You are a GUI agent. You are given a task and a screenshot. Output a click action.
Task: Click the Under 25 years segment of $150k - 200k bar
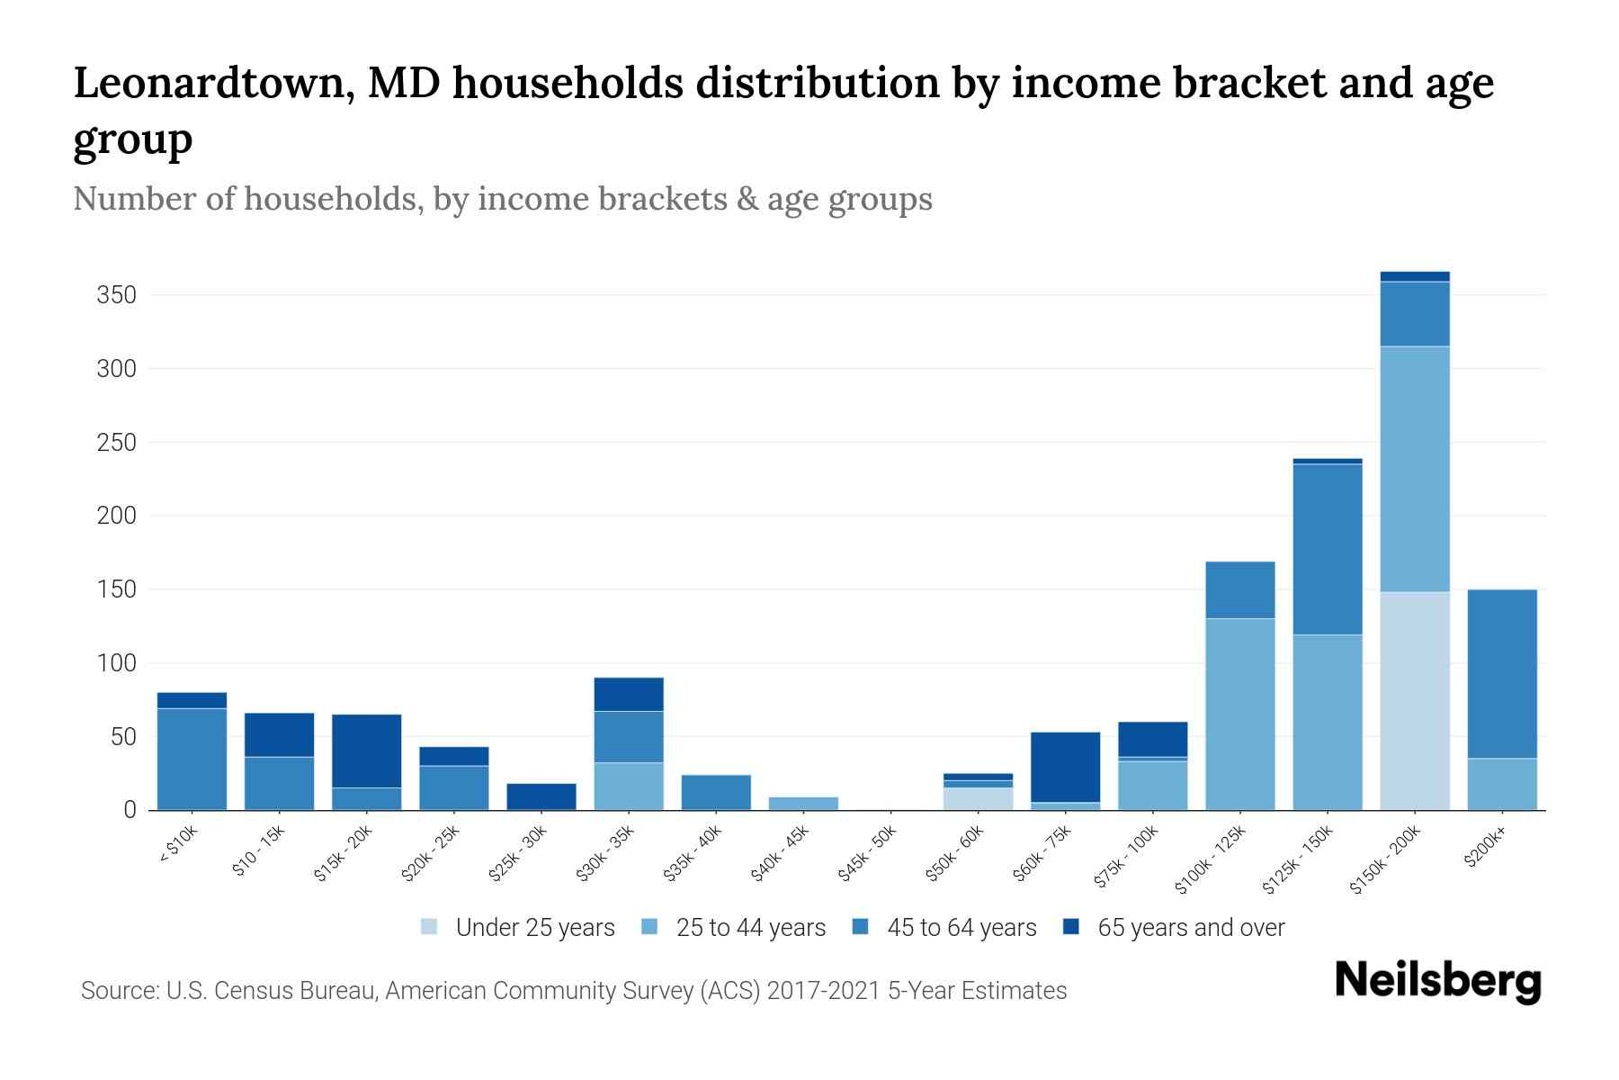[x=1414, y=700]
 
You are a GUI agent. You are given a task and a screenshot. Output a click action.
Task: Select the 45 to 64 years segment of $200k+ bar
[x=1501, y=673]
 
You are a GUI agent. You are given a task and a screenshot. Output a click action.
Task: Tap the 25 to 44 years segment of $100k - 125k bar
[x=1239, y=714]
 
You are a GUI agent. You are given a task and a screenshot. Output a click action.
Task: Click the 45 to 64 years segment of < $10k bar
[x=192, y=759]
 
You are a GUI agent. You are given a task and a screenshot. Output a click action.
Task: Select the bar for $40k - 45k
[x=803, y=803]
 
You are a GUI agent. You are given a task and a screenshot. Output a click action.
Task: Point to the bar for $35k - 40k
[x=716, y=792]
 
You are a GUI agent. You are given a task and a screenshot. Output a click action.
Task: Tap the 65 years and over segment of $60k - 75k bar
[x=1065, y=767]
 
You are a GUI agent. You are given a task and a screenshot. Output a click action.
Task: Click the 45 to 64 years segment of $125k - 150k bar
[x=1327, y=549]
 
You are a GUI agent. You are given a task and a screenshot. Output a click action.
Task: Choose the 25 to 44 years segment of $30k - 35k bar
[x=629, y=786]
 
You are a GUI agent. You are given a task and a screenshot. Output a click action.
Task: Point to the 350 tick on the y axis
[x=116, y=295]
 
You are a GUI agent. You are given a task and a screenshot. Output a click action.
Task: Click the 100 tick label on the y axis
[x=116, y=663]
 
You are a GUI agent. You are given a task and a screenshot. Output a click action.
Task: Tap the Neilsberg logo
[x=1437, y=981]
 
